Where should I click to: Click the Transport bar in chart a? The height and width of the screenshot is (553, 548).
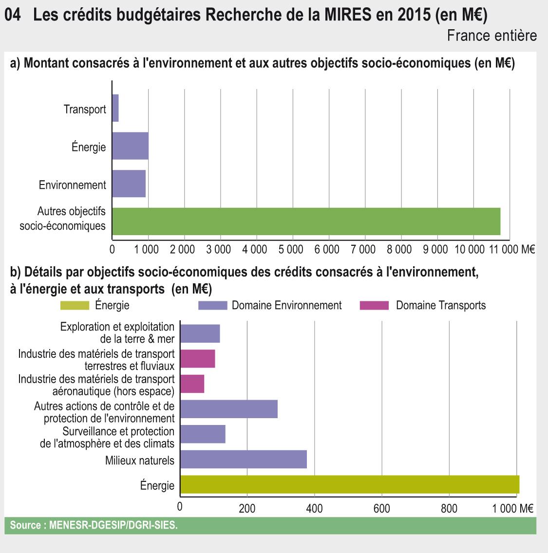(115, 108)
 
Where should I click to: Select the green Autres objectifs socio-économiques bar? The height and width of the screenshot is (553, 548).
(306, 221)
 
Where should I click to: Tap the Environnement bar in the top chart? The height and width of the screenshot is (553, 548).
(129, 184)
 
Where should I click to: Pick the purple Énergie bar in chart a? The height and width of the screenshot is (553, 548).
(130, 146)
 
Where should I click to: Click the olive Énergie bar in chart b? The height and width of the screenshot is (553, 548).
(349, 485)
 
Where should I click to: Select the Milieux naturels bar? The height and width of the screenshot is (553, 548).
(244, 460)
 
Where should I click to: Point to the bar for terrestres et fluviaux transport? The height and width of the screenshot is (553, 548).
(198, 359)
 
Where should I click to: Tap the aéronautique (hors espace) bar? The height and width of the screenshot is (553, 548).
(192, 384)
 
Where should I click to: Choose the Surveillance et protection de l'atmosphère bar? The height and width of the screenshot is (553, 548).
(203, 434)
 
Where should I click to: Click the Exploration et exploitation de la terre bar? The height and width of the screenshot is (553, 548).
(200, 333)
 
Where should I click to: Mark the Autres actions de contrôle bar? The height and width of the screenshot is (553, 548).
(229, 409)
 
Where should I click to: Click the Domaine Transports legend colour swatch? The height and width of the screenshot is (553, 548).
(374, 306)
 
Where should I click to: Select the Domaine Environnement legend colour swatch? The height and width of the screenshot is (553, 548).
(213, 306)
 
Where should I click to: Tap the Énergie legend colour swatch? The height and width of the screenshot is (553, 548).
(75, 306)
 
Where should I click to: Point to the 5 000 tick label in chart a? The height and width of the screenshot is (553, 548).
(291, 250)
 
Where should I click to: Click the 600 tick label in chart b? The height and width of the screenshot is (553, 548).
(381, 508)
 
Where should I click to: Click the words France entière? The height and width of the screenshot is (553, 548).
(491, 36)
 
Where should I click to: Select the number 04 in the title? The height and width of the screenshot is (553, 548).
(13, 15)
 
